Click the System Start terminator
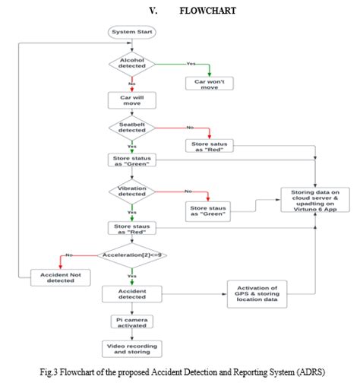pos(133,32)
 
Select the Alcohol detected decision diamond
pos(133,65)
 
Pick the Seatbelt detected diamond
pos(133,126)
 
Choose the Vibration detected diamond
pos(133,190)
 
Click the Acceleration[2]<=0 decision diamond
pos(133,255)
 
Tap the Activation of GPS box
pos(257,294)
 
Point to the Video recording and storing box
pos(133,348)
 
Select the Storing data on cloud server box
pos(314,201)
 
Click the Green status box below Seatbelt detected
pos(133,160)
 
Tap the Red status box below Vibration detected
pos(133,228)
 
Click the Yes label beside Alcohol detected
pos(191,63)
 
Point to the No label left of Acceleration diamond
pos(69,255)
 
